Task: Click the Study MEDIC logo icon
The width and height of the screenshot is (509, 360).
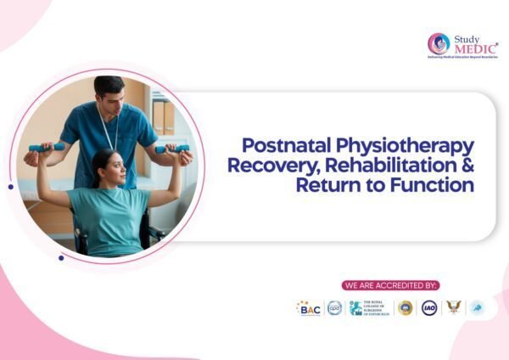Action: (x=439, y=44)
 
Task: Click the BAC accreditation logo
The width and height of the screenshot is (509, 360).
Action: (x=309, y=308)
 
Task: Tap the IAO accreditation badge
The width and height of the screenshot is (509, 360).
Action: (x=429, y=308)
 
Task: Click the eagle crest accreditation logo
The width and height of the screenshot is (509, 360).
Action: (x=454, y=308)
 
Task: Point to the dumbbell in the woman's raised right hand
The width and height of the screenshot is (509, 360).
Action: (x=47, y=147)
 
